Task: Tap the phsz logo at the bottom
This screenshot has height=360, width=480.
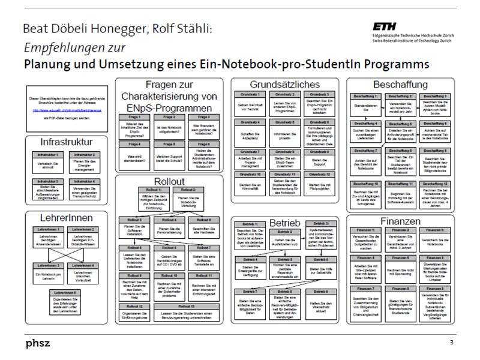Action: (38, 343)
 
